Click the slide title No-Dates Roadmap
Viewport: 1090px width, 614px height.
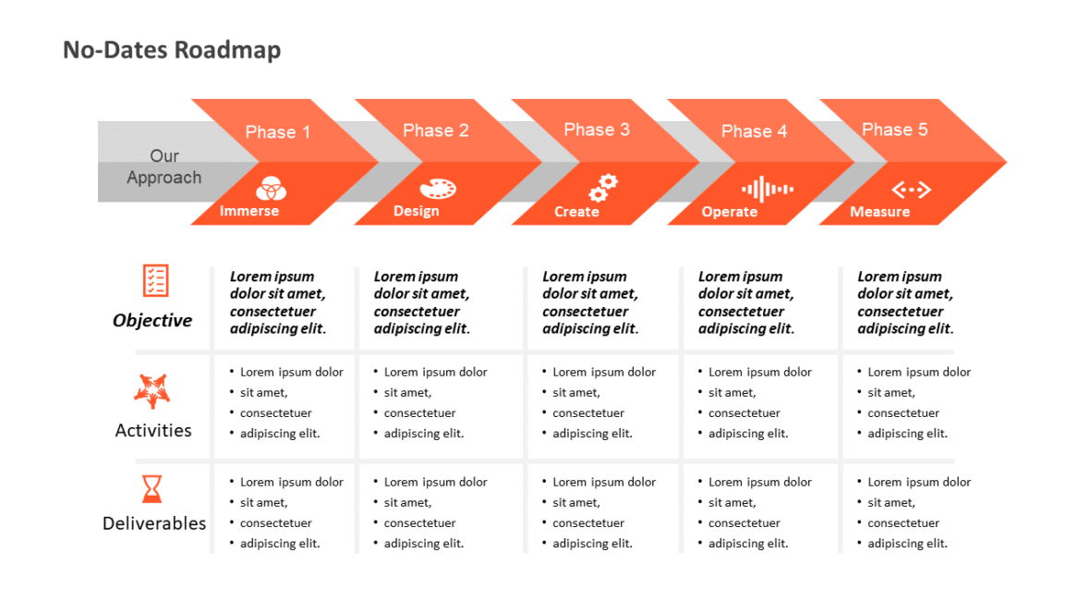172,50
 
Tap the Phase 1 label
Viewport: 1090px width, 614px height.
278,132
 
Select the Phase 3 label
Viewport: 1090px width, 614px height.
597,129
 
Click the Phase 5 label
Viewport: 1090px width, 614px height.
894,129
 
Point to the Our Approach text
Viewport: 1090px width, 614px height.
164,167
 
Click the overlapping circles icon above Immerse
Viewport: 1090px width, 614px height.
272,189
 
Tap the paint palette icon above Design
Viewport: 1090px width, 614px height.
438,189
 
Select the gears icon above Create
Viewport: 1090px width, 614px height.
603,188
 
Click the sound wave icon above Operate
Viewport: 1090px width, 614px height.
768,190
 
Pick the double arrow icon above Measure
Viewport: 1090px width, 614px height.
911,190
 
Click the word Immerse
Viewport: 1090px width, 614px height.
249,211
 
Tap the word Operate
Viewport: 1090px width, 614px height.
729,212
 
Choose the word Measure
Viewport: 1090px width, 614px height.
879,212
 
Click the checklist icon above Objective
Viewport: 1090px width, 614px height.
155,280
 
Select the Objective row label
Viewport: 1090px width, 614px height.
152,321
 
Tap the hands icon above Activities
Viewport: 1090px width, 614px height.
152,391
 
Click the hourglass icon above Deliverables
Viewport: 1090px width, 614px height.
151,488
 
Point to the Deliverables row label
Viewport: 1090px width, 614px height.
154,523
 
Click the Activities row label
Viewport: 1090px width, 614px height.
153,430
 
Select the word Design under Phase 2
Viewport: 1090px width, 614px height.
417,211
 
